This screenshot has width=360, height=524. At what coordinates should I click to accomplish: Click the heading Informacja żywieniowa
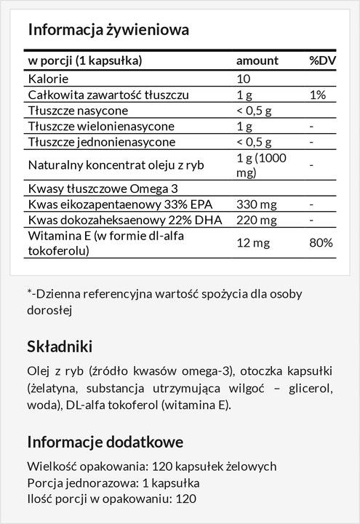coord(108,30)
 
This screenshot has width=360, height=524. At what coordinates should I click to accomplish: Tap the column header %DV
coord(321,60)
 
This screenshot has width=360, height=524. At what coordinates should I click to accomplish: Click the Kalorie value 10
coord(244,79)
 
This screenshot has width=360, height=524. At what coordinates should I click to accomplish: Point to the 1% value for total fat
coord(316,95)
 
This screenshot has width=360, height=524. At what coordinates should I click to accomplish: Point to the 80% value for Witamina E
coord(320,242)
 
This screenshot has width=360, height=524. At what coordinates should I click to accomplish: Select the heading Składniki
coord(60,346)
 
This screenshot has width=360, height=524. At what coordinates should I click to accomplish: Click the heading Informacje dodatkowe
coord(105,442)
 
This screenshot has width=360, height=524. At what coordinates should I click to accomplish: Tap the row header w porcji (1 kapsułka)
coord(84,60)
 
